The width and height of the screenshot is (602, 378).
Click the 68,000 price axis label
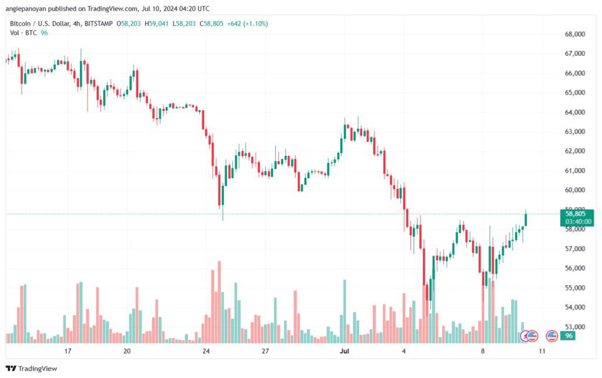pyautogui.click(x=575, y=34)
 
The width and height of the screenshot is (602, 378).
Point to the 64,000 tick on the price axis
pyautogui.click(x=575, y=112)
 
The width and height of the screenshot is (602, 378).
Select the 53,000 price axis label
pyautogui.click(x=575, y=327)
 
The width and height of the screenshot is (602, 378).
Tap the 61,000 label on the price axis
pyautogui.click(x=575, y=170)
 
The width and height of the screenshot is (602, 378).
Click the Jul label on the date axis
pyautogui.click(x=345, y=351)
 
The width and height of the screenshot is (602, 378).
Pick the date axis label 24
pyautogui.click(x=206, y=351)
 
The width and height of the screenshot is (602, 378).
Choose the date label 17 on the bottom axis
pyautogui.click(x=68, y=351)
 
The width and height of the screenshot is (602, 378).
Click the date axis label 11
pyautogui.click(x=541, y=351)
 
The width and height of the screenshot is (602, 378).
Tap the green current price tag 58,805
pyautogui.click(x=575, y=214)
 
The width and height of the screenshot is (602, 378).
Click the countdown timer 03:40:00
pyautogui.click(x=578, y=222)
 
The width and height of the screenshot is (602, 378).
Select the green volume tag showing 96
pyautogui.click(x=568, y=336)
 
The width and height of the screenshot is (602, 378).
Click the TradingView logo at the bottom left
pyautogui.click(x=32, y=369)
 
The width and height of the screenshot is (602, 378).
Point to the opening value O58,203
pyautogui.click(x=129, y=24)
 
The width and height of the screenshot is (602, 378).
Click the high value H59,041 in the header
pyautogui.click(x=156, y=24)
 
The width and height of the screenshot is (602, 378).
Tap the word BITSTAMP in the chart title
pyautogui.click(x=99, y=24)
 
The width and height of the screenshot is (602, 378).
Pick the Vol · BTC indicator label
pyautogui.click(x=24, y=33)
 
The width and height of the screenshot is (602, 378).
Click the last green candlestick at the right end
pyautogui.click(x=526, y=220)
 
